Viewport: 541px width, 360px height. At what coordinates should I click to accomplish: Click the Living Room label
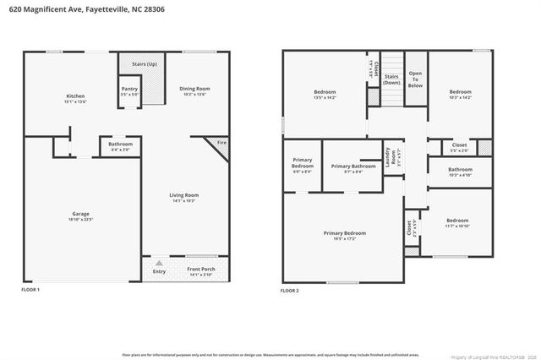click(x=184, y=196)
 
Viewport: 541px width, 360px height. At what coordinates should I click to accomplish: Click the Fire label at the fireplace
click(x=221, y=143)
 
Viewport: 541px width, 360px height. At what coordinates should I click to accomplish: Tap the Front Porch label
click(x=200, y=271)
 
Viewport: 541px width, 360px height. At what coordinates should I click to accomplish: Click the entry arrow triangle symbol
click(x=158, y=263)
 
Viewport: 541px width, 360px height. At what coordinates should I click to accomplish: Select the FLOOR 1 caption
click(x=30, y=290)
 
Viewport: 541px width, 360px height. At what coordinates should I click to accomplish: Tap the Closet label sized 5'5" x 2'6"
click(x=459, y=147)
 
